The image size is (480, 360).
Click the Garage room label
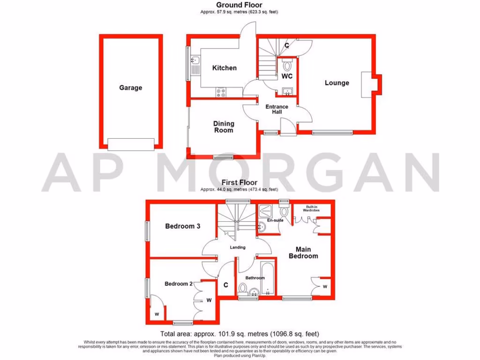pyautogui.click(x=130, y=88)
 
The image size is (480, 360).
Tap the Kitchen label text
pyautogui.click(x=225, y=68)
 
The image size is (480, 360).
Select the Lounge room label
pyautogui.click(x=337, y=83)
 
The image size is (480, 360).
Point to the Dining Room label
pyautogui.click(x=224, y=127)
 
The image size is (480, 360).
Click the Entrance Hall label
pyautogui.click(x=277, y=109)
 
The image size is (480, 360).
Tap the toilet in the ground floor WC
pyautogui.click(x=287, y=66)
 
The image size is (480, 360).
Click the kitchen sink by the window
pyautogui.click(x=195, y=61)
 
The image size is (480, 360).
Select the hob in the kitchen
pyautogui.click(x=220, y=93)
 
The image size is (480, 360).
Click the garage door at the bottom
pyautogui.click(x=131, y=144)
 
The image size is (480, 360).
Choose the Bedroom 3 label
pyautogui.click(x=183, y=226)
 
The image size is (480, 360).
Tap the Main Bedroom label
pyautogui.click(x=303, y=253)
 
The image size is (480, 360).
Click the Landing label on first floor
pyautogui.click(x=237, y=247)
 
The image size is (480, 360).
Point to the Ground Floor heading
pyautogui.click(x=239, y=5)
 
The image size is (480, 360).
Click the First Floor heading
pyautogui.click(x=239, y=183)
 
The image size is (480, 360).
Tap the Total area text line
pyautogui.click(x=240, y=334)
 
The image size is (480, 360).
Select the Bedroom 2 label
pyautogui.click(x=179, y=284)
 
